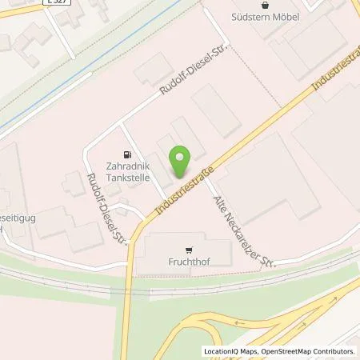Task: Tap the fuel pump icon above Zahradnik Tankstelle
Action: [125, 154]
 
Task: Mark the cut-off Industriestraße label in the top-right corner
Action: [334, 75]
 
